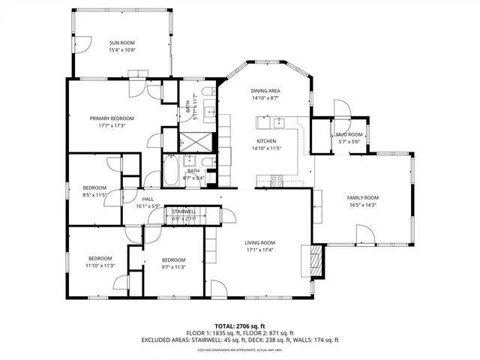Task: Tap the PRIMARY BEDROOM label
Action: tap(112, 118)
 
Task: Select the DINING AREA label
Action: tap(265, 90)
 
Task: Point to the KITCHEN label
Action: tap(266, 141)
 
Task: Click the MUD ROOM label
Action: tap(349, 134)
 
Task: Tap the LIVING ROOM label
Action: tap(260, 242)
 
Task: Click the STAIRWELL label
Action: tap(184, 211)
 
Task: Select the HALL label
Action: tap(148, 199)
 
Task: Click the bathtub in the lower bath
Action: tap(170, 172)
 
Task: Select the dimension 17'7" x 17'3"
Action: tap(112, 126)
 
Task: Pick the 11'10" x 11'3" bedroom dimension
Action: tap(99, 265)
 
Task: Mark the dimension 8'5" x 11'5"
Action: tap(94, 194)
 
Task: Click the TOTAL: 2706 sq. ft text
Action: tap(240, 326)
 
